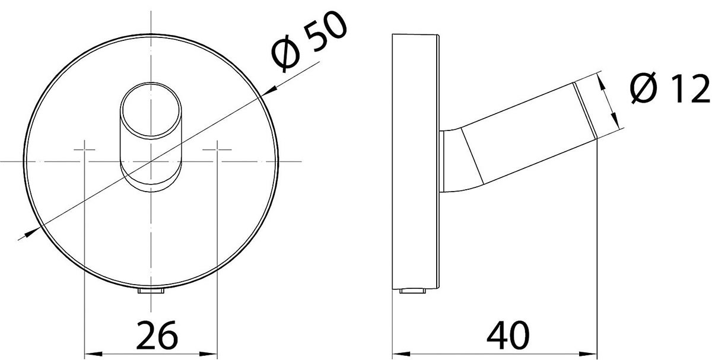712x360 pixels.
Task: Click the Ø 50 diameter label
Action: (309, 42)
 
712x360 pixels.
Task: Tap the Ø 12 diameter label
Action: (670, 88)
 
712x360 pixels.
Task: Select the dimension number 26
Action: (157, 335)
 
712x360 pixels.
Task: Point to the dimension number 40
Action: (508, 335)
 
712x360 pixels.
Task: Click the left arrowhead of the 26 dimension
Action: (94, 354)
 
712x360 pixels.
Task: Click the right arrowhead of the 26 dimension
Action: (208, 354)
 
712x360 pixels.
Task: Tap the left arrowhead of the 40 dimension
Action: (402, 354)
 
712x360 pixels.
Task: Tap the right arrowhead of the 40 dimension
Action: (588, 354)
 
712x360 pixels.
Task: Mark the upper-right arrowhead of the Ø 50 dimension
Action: (269, 91)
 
